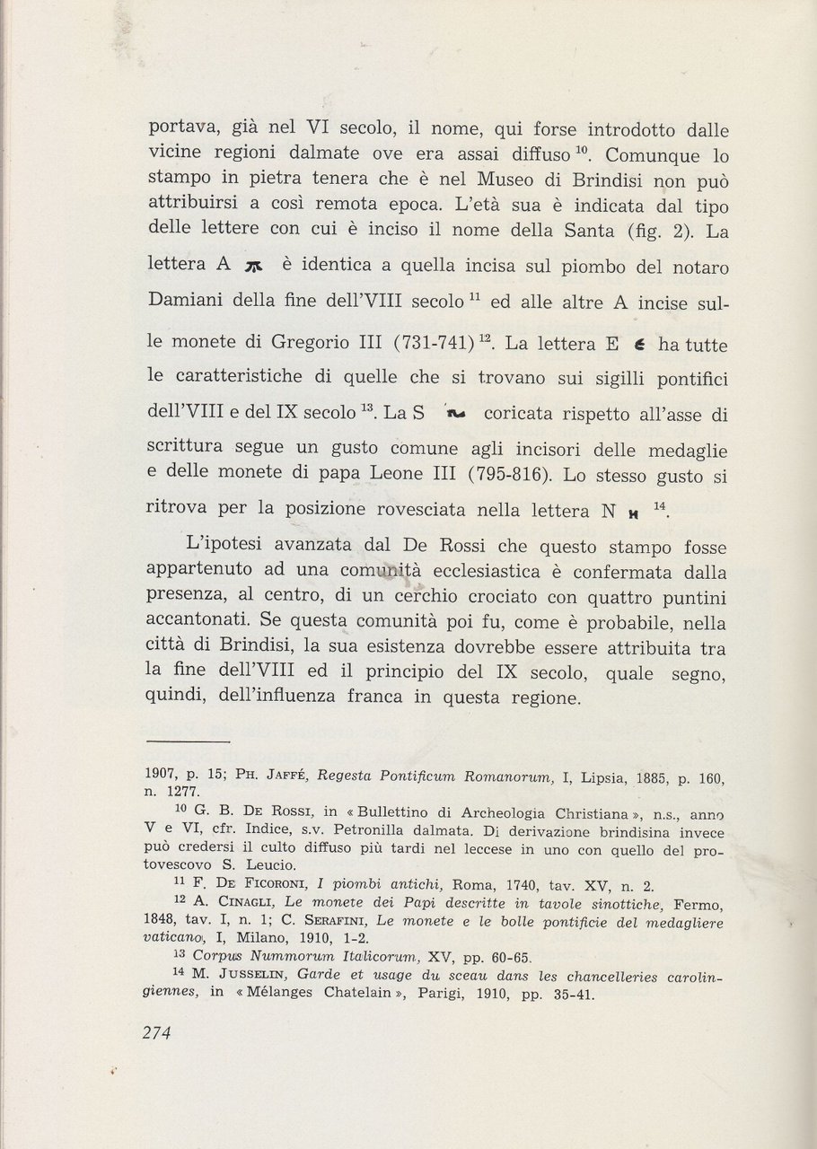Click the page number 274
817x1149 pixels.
[157, 1031]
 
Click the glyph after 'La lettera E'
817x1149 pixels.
[638, 346]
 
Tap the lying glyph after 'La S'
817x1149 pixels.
[457, 415]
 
